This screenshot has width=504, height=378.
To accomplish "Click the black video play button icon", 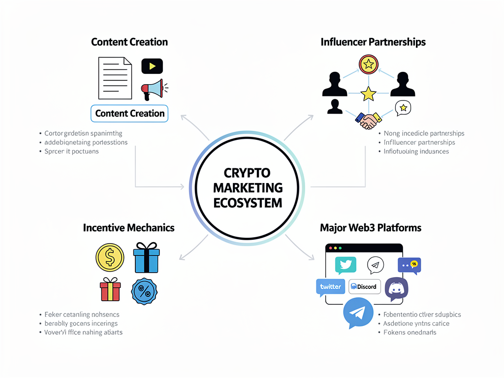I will point(152,66).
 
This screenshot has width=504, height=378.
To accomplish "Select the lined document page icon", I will point(115,78).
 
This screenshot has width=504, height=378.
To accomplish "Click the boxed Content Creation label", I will point(130,113).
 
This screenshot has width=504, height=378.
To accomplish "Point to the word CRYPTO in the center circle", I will point(247,173).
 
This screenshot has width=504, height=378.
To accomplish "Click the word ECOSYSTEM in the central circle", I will point(248,202).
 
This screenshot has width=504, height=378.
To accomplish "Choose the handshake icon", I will point(367,120).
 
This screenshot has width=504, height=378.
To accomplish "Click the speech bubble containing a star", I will point(403,108).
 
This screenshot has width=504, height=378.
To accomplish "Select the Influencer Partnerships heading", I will point(373,42).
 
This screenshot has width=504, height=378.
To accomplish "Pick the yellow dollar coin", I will point(110,257).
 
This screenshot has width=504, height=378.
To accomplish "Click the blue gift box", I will point(146,257).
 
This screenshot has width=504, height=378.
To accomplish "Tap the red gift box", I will point(110,289).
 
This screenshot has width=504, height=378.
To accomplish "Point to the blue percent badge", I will point(145,290).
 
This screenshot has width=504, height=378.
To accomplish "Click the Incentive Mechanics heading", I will point(128,228).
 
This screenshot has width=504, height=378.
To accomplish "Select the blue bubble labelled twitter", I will point(330,287).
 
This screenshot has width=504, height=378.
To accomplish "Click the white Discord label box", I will point(365,286).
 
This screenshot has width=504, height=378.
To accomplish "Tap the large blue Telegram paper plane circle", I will point(358,313).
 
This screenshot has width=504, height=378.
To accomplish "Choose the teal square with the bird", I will point(346,265).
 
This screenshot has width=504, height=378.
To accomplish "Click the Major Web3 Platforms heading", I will point(370,228).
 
